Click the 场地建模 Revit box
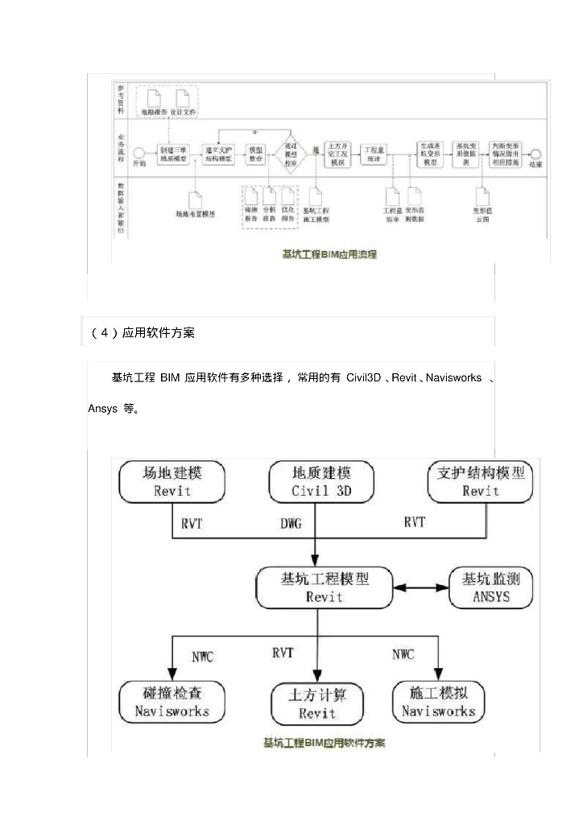172,481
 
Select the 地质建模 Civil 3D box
322,481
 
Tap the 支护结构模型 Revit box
480,481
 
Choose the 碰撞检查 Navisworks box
172,701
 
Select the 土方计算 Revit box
317,703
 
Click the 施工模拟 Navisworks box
438,701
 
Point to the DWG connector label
291,524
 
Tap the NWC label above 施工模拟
403,654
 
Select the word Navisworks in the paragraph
453,378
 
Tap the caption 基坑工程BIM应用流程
329,254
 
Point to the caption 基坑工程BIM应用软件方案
324,742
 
